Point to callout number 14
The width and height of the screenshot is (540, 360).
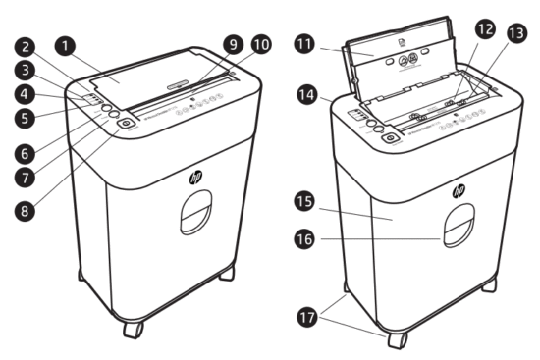[308, 96]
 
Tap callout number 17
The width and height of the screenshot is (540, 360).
[308, 316]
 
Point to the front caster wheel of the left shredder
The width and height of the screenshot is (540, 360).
[133, 329]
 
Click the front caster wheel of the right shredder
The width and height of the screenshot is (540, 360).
[396, 338]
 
